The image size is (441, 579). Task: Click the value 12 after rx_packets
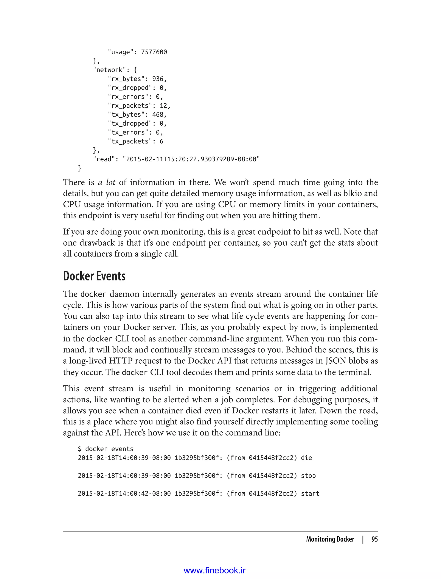pyautogui.click(x=163, y=106)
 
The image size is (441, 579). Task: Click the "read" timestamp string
pyautogui.click(x=191, y=159)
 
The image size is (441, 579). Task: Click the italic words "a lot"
pyautogui.click(x=107, y=182)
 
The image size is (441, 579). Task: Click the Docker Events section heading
pyautogui.click(x=94, y=276)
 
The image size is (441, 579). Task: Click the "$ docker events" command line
pyautogui.click(x=106, y=449)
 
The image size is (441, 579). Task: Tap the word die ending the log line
pyautogui.click(x=306, y=458)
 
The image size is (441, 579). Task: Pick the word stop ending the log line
pyautogui.click(x=308, y=476)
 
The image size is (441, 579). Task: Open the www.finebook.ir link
pyautogui.click(x=214, y=570)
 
